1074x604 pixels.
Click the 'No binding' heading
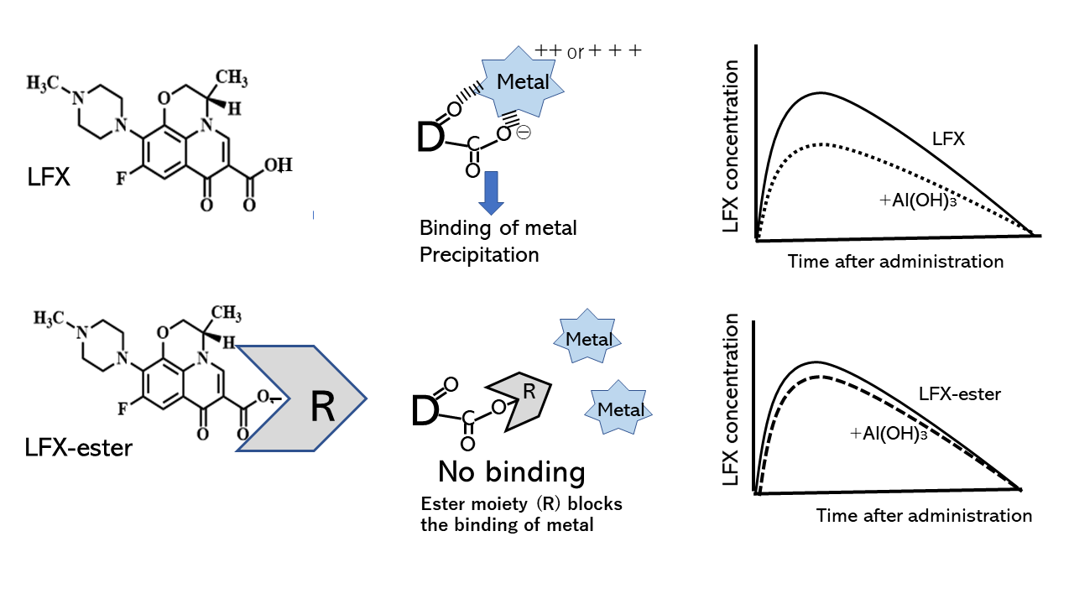coord(511,472)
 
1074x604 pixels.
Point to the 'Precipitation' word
coord(479,254)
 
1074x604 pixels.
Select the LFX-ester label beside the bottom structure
coord(79,447)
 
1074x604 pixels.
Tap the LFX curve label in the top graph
coord(948,139)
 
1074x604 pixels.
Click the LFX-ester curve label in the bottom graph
coord(959,393)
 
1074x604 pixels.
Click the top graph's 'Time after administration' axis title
coord(895,261)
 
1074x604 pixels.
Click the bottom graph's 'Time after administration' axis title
coord(924,515)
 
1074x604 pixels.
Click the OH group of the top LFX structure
coord(277,165)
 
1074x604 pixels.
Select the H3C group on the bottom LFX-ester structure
coord(51,319)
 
